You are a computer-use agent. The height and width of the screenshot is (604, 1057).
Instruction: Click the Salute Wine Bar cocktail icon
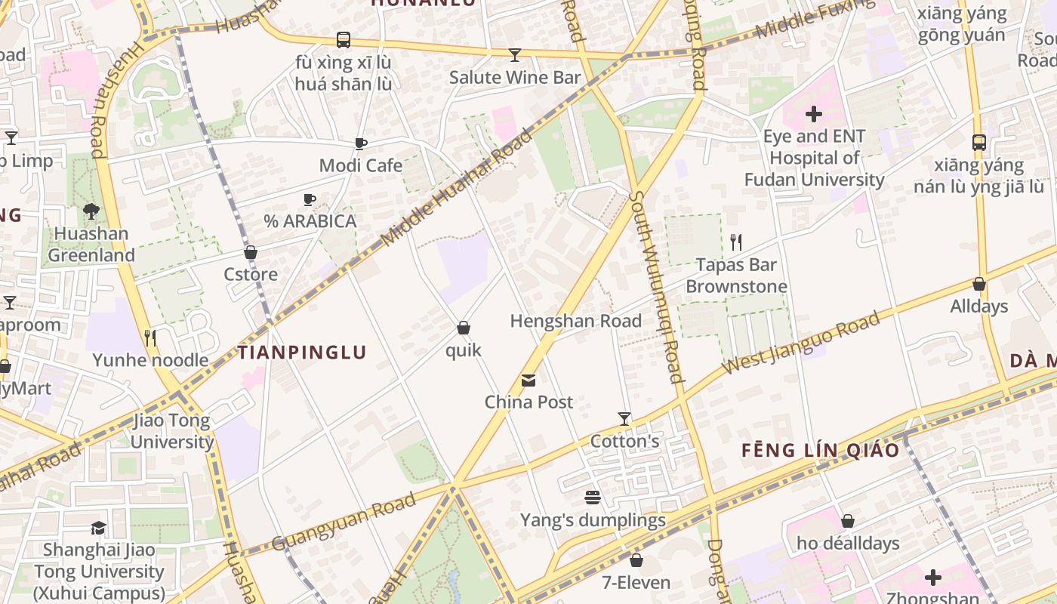point(515,54)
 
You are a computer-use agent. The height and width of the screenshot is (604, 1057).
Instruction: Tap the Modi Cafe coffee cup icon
point(361,143)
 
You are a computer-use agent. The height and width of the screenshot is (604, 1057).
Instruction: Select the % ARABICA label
point(310,221)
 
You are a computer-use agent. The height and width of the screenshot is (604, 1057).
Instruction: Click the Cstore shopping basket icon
point(251,252)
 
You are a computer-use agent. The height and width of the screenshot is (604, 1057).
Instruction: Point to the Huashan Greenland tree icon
point(91,211)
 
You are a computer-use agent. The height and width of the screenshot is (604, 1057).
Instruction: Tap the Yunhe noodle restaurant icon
point(150,337)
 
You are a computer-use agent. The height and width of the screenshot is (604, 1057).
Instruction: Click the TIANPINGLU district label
point(302,352)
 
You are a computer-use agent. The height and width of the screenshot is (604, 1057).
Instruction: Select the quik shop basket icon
point(464,328)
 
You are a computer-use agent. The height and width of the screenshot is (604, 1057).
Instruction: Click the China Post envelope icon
point(528,380)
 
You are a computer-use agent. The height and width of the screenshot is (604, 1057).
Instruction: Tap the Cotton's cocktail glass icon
point(624,418)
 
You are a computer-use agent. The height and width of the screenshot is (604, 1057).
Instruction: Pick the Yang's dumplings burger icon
point(593,498)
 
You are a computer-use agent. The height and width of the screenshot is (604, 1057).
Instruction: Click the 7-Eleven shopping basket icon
point(636,559)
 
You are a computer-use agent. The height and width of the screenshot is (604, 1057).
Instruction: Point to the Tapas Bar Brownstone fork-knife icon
point(736,242)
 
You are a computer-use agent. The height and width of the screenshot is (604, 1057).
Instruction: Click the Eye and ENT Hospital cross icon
point(813,114)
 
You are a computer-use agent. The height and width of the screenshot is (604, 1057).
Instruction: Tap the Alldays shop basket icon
point(979,284)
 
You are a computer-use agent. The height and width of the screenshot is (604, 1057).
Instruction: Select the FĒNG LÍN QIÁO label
point(820,451)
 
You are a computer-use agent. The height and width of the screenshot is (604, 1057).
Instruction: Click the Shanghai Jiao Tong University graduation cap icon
point(98,528)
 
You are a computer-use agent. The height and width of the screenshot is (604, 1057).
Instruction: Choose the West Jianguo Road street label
point(802,342)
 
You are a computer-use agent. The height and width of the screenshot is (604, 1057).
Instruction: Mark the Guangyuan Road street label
point(344,521)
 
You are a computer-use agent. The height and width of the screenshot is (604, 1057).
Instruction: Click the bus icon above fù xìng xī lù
point(344,39)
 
